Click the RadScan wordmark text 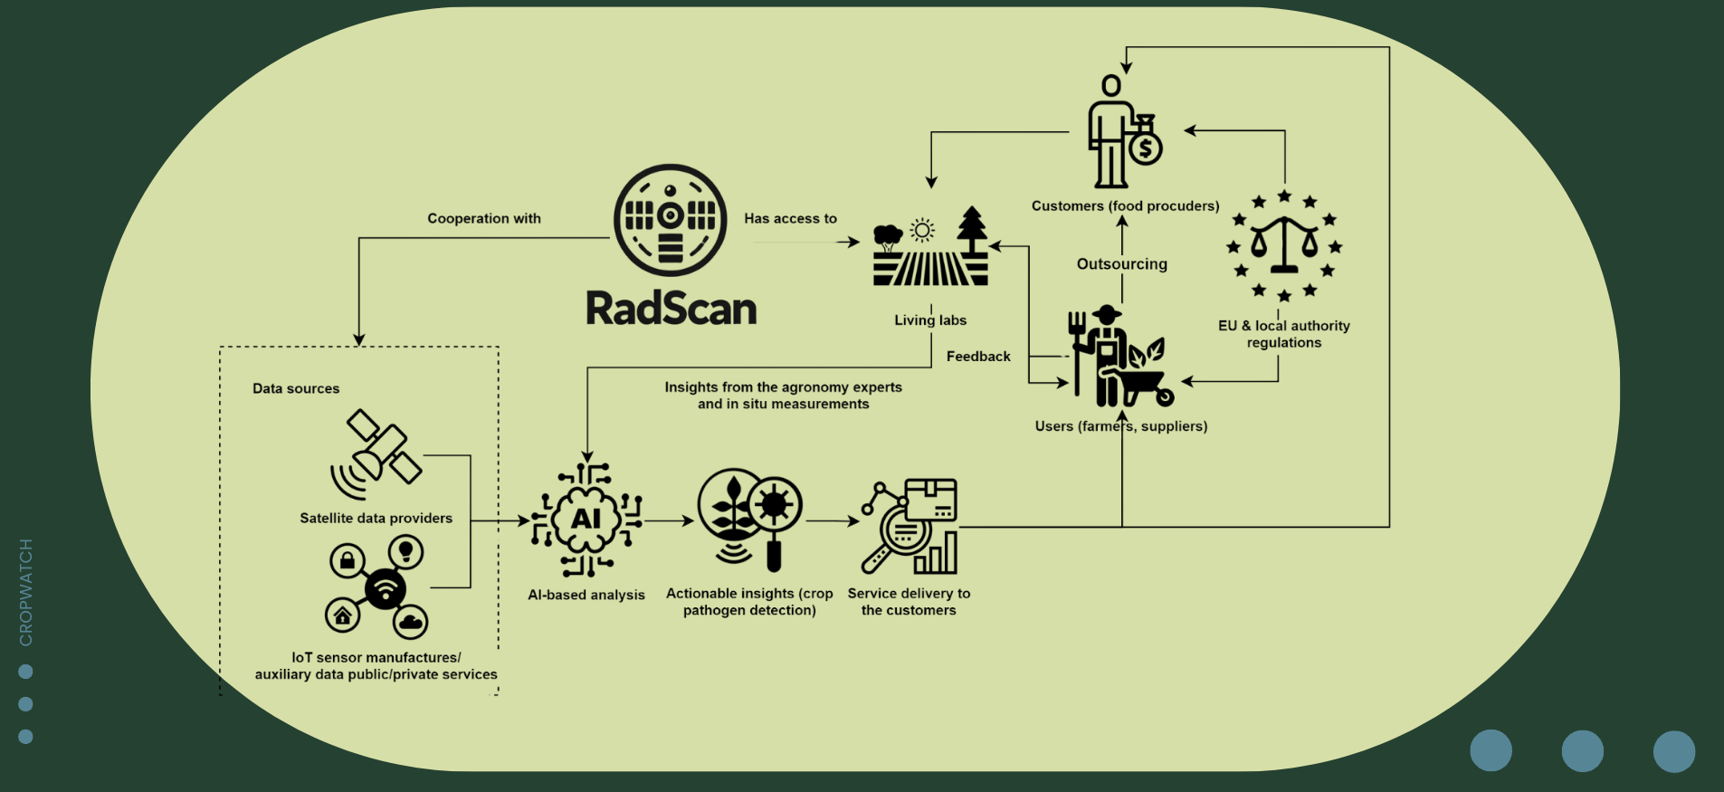click(x=671, y=308)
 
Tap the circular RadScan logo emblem click(x=670, y=220)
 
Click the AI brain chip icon click(x=586, y=520)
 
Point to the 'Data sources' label click(x=296, y=388)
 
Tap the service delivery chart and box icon click(x=909, y=526)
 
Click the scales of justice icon click(x=1284, y=245)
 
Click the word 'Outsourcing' click(x=1122, y=263)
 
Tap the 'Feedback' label click(x=978, y=357)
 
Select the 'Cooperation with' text click(x=484, y=218)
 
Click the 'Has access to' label click(x=791, y=218)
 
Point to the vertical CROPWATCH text click(x=25, y=592)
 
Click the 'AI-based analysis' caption click(x=586, y=595)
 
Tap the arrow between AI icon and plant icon click(x=669, y=521)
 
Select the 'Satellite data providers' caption click(x=376, y=518)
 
